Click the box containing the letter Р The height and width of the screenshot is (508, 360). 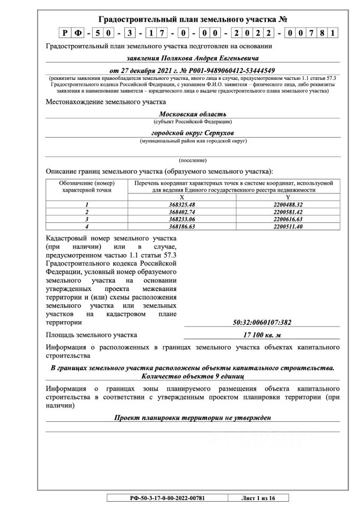64,33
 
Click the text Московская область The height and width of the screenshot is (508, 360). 193,114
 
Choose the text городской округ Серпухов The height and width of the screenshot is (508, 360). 193,133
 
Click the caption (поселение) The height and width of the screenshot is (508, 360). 193,160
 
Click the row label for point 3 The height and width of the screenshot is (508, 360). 86,219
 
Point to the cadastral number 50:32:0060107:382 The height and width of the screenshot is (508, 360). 262,322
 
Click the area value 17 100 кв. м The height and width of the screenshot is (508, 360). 262,335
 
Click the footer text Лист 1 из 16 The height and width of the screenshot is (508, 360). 258,497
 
